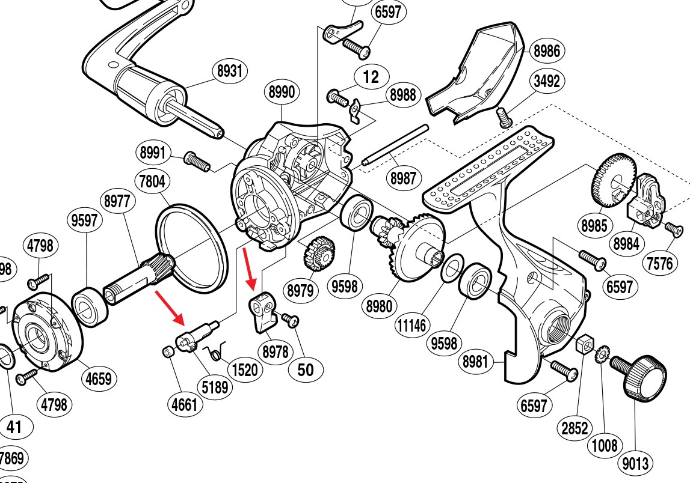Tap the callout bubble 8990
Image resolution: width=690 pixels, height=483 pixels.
282,93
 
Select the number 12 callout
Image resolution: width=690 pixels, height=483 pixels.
371,77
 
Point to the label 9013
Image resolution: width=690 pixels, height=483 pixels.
635,463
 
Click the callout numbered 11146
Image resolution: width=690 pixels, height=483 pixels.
411,326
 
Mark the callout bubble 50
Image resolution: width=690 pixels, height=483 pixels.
306,369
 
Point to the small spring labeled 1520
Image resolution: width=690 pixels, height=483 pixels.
215,352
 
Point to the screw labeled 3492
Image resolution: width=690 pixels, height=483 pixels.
503,115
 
